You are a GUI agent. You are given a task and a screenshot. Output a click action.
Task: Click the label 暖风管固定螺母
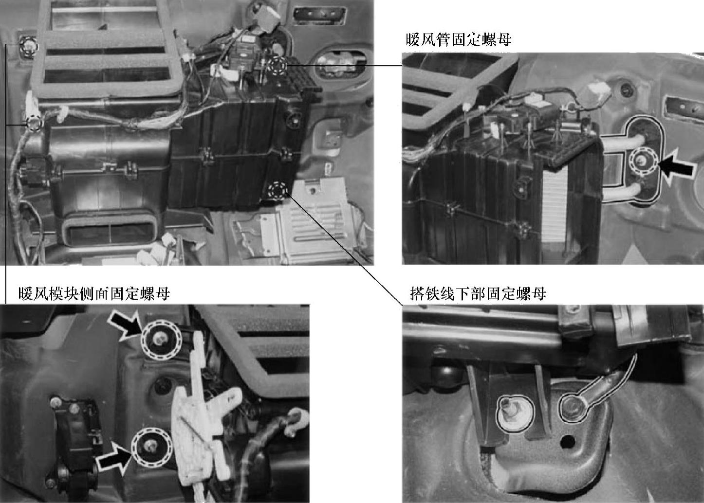tap(459, 40)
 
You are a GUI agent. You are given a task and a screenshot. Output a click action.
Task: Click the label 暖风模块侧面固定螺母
tap(94, 294)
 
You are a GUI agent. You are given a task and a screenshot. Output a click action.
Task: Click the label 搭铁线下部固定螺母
tap(478, 294)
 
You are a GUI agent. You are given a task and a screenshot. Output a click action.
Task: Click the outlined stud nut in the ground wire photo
tap(516, 413)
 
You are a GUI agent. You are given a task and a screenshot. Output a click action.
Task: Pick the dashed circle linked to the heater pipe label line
tap(278, 66)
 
